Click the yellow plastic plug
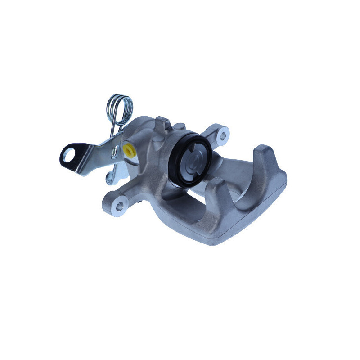tap(129, 149)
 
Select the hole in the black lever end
tap(67, 156)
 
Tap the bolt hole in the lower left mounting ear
tap(119, 207)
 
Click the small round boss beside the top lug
tap(179, 127)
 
